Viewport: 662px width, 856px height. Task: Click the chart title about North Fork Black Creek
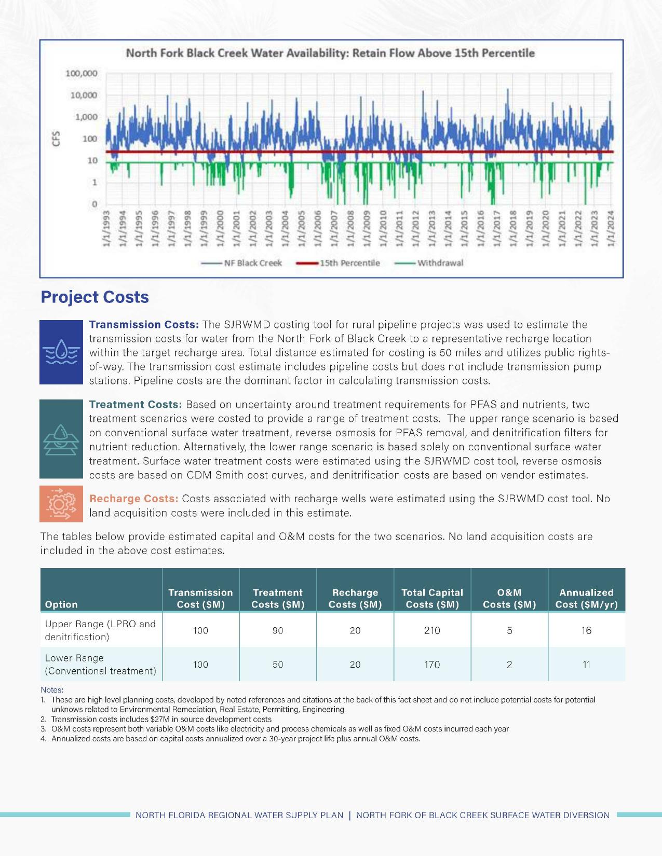330,53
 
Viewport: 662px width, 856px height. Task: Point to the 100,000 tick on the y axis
82,74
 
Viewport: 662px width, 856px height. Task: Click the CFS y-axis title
57,138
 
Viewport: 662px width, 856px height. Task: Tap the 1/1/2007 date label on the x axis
335,228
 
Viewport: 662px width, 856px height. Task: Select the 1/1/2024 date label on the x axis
611,228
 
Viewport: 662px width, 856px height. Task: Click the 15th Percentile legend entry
339,263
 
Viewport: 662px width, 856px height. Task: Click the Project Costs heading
94,297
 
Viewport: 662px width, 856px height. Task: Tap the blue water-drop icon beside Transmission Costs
61,352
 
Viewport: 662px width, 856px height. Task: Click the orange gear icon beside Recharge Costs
61,504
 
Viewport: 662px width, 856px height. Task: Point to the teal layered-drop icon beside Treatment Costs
61,439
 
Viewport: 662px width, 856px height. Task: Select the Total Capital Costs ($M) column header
432,598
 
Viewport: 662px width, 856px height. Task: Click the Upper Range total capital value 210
432,630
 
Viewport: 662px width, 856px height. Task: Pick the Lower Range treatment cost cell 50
278,665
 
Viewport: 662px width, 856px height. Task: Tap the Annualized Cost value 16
586,630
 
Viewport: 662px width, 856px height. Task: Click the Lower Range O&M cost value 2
509,665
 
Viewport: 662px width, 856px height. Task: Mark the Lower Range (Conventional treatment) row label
100,665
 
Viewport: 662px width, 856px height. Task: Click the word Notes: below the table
52,690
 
